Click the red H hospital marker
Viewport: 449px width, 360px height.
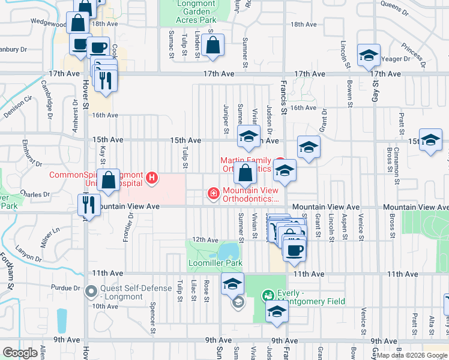pos(152,178)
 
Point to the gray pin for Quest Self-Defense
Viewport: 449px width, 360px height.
pos(91,292)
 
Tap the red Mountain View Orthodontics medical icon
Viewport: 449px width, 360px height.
pos(212,193)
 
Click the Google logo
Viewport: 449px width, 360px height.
pos(20,353)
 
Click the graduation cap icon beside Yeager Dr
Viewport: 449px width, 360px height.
pos(367,56)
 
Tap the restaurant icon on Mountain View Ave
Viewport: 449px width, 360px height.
pos(89,205)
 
